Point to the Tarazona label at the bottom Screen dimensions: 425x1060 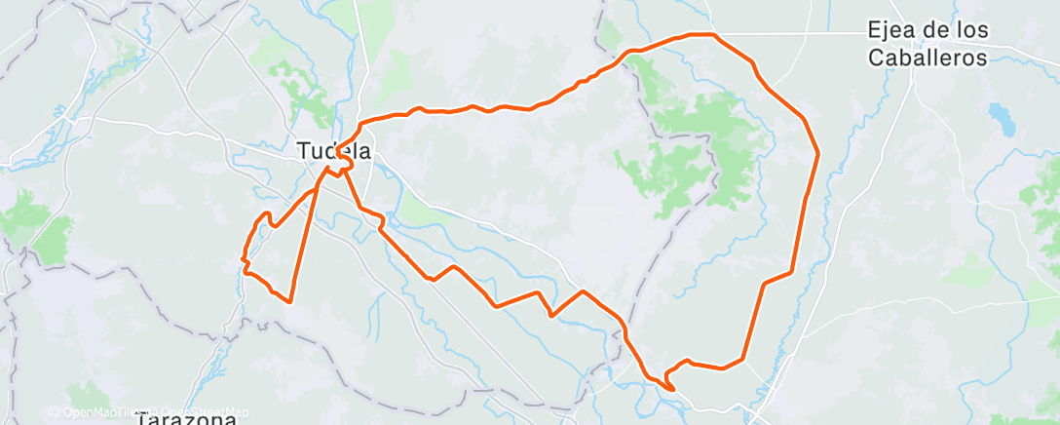[186, 419]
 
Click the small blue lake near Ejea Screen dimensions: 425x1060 [1000, 118]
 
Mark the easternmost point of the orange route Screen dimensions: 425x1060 [817, 153]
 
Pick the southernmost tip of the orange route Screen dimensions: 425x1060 [672, 390]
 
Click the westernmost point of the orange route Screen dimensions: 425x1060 [242, 259]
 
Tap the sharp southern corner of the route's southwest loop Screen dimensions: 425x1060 [290, 302]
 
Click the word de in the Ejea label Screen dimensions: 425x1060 [934, 31]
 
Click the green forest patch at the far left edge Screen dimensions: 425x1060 [29, 219]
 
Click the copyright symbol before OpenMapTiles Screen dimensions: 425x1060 [55, 412]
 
